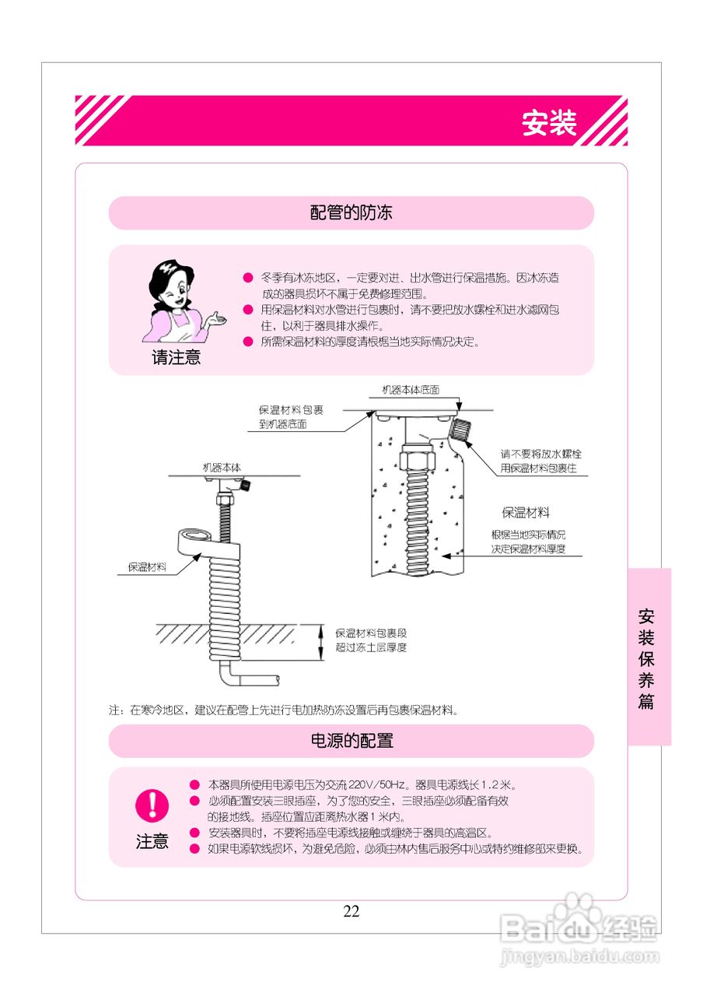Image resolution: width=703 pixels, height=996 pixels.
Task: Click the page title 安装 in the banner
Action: click(x=549, y=123)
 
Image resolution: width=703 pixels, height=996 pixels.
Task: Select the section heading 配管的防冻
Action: click(x=351, y=212)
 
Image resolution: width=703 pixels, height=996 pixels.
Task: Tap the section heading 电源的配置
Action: click(x=351, y=740)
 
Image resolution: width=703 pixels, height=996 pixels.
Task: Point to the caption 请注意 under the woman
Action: click(x=176, y=358)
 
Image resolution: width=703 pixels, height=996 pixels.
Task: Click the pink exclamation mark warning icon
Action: click(x=152, y=805)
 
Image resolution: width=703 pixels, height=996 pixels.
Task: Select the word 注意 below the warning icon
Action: click(x=152, y=841)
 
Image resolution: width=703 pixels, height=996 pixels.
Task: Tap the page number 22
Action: click(x=351, y=911)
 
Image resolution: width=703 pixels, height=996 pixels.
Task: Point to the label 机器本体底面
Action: click(x=411, y=389)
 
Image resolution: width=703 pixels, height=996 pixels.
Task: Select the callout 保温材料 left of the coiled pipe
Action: click(x=147, y=566)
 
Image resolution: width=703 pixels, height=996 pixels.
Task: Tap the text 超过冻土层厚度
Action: click(x=371, y=647)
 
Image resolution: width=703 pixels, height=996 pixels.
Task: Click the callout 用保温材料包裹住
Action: click(x=538, y=468)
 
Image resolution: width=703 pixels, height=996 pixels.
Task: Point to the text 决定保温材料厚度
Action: click(x=527, y=549)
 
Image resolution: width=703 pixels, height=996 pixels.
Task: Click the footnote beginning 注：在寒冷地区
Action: click(x=284, y=710)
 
